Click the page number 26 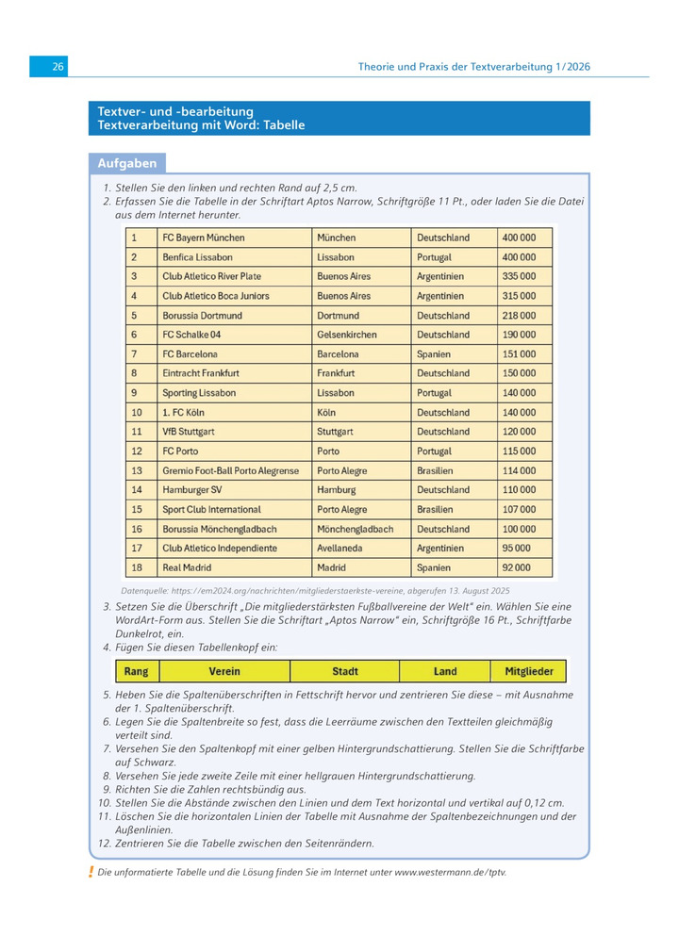(58, 67)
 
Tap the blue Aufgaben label (127, 163)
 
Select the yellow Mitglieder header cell (528, 671)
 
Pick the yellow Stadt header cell (345, 671)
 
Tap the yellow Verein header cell (224, 671)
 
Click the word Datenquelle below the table (151, 589)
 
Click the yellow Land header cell (445, 671)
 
